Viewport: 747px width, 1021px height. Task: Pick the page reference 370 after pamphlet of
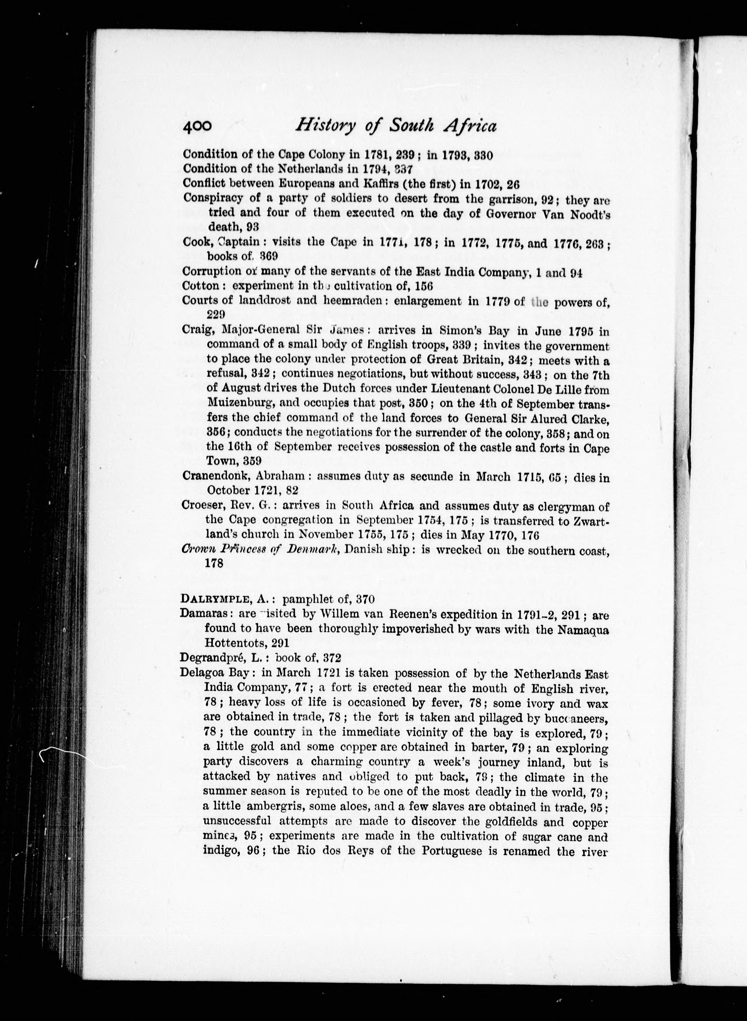pyautogui.click(x=365, y=600)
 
